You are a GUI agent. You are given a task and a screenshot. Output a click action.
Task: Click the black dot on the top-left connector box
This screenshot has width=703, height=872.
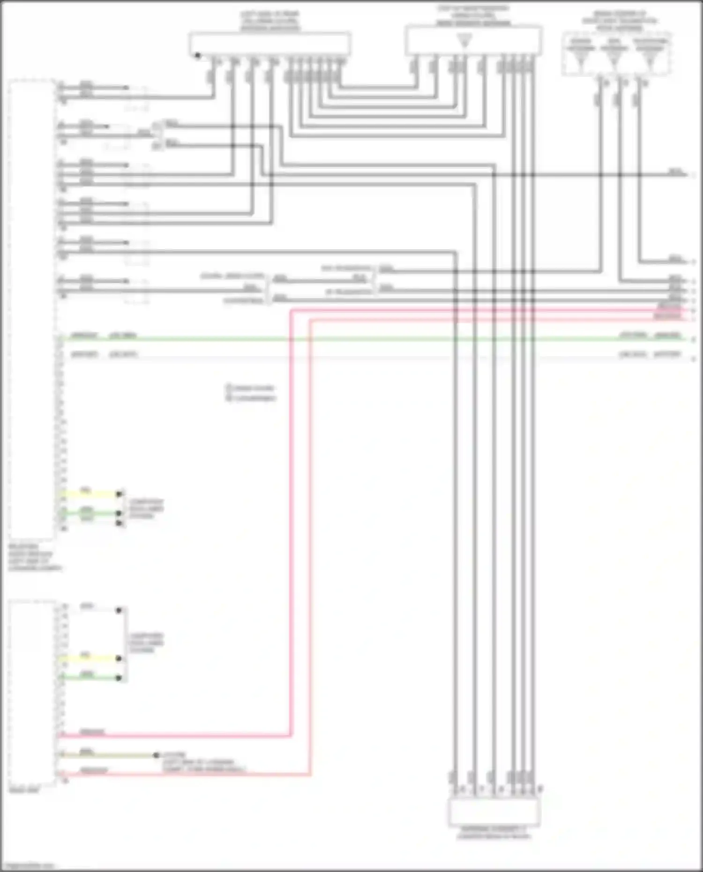[x=197, y=55]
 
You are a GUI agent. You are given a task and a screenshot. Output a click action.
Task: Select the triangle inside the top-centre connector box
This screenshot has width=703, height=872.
[x=464, y=42]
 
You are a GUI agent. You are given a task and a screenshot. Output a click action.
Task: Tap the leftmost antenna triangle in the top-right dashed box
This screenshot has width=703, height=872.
[x=580, y=60]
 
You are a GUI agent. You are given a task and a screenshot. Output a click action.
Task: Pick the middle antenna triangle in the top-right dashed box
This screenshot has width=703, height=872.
[x=613, y=60]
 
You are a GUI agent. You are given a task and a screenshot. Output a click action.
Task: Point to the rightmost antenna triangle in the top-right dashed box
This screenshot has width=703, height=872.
[x=649, y=60]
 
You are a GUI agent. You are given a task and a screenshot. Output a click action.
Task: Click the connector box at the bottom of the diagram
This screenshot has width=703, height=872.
[x=494, y=812]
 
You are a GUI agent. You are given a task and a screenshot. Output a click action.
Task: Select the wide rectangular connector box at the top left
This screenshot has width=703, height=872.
[x=270, y=44]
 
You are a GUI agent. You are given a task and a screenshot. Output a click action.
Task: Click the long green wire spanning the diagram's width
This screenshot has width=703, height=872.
[x=375, y=339]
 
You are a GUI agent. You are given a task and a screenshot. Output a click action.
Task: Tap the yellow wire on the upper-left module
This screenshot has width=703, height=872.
[x=89, y=494]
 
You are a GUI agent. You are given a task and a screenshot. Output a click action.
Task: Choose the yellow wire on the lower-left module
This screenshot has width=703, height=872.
[x=89, y=658]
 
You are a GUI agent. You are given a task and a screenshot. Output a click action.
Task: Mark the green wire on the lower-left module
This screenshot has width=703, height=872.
[x=89, y=678]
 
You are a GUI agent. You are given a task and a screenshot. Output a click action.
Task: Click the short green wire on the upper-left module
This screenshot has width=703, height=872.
[x=89, y=513]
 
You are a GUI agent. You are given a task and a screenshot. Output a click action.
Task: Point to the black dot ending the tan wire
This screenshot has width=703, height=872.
[x=156, y=755]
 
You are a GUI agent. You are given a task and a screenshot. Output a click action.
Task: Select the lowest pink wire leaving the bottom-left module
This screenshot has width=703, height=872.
[x=187, y=775]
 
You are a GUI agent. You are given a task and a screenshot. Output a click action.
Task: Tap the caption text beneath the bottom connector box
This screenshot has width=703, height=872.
[x=494, y=833]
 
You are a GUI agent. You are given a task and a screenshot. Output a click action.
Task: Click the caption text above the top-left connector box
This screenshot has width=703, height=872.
[x=270, y=21]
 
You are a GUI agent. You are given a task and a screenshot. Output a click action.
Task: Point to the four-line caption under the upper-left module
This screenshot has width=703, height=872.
[x=34, y=558]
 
